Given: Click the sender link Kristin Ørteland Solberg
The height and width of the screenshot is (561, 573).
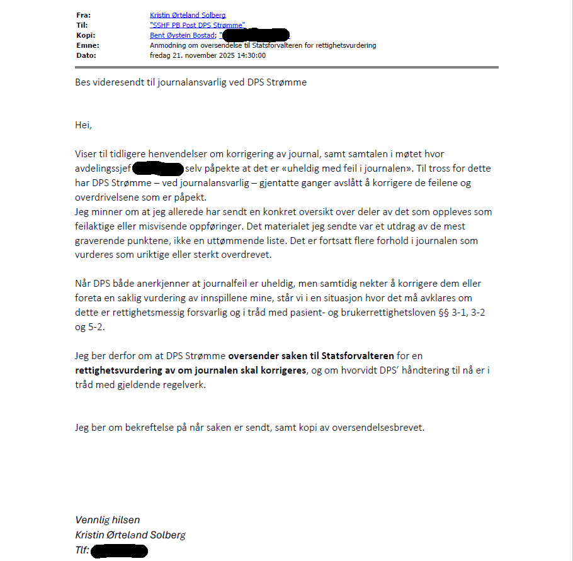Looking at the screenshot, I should point(188,14).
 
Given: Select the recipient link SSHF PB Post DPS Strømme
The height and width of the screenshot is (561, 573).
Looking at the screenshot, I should point(197,25).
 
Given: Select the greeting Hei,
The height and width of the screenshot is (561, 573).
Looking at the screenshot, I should point(84,125).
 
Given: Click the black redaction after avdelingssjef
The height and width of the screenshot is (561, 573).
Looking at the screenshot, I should point(158,169).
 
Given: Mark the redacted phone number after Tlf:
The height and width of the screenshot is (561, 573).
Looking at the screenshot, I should point(120,552).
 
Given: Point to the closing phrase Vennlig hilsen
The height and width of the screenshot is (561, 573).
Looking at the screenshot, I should point(108,519).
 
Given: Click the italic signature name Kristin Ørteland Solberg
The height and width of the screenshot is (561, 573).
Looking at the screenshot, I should point(130,535).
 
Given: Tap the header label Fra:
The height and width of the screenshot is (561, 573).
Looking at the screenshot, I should point(83,14).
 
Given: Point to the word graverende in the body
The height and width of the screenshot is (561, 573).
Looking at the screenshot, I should point(103,240).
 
